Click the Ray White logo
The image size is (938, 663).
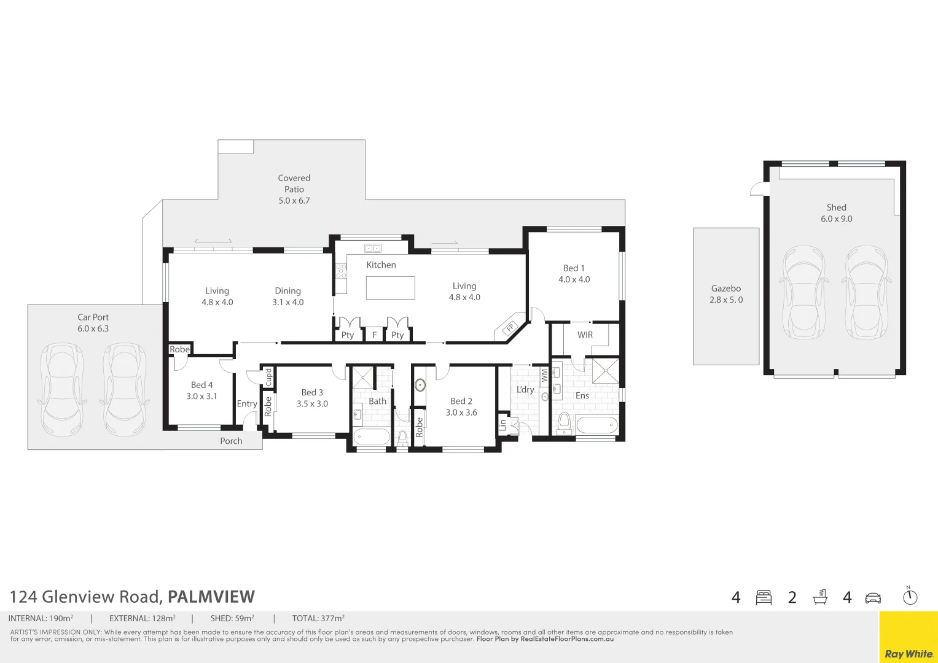(909, 654)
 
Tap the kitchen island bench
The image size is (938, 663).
(390, 288)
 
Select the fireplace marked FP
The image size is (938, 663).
(509, 328)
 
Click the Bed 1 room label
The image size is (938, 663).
(574, 274)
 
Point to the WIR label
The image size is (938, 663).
(585, 335)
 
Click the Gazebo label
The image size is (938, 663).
(726, 294)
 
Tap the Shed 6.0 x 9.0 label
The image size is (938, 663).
(836, 213)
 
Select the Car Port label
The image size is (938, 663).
(93, 323)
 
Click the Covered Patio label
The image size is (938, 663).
(294, 189)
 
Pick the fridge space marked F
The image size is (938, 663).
(374, 335)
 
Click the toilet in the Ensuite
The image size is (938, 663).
(564, 424)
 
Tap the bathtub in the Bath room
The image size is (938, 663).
(371, 437)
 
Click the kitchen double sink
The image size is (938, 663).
(373, 248)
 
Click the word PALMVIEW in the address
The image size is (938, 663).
(211, 597)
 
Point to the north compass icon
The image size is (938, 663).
(910, 596)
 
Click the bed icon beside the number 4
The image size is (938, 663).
(764, 597)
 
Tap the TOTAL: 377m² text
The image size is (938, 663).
(318, 618)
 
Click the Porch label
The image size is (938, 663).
(231, 441)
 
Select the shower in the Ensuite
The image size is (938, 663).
(605, 370)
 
